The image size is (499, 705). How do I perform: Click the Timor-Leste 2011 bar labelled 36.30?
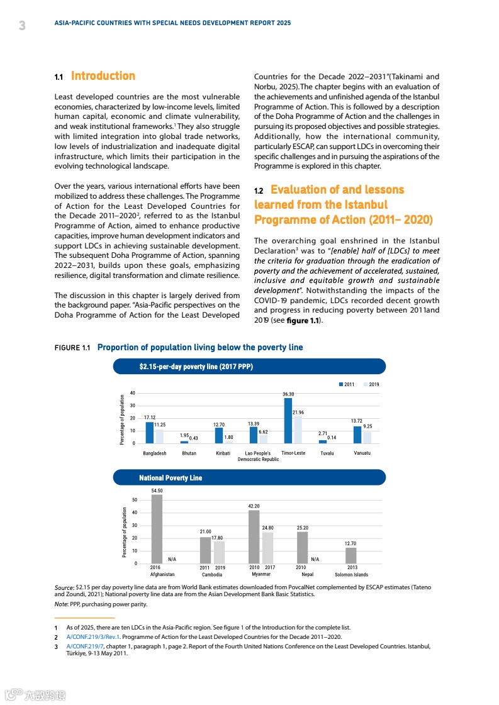point(288,421)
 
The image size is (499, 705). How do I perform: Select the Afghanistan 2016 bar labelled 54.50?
point(157,529)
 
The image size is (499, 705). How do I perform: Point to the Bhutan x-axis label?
point(189,453)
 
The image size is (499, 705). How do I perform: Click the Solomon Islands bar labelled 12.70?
point(351,555)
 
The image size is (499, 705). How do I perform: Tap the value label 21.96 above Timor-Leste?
point(299,412)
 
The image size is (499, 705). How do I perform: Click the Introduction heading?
point(103,76)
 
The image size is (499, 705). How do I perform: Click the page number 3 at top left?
point(22,26)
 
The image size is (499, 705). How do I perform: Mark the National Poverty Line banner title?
point(171,478)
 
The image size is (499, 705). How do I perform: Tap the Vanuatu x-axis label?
point(362,453)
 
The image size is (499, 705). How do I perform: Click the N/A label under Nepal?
point(315,559)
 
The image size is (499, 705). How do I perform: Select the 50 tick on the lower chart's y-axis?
point(134,501)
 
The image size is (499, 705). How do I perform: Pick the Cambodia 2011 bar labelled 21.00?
point(205,550)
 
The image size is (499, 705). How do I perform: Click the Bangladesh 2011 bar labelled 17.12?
point(150,433)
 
